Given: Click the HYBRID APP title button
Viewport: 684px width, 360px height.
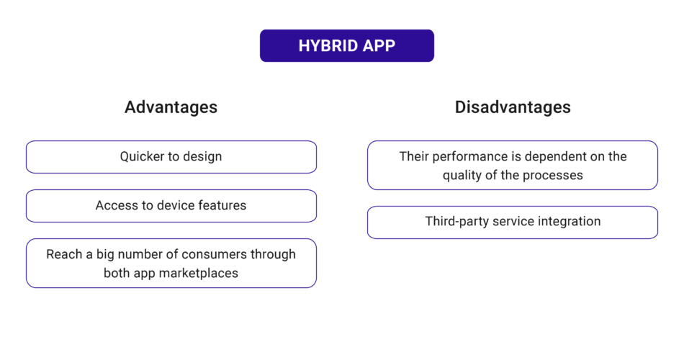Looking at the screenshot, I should [x=346, y=45].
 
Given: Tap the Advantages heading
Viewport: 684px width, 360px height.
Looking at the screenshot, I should [x=171, y=107].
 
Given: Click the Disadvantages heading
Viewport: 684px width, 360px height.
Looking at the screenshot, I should [x=513, y=107].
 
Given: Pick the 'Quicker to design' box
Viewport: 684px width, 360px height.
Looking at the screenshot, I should [x=171, y=157].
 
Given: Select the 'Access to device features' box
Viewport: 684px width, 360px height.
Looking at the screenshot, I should [x=171, y=206].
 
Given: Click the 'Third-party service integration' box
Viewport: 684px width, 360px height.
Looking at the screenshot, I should [x=513, y=222].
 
